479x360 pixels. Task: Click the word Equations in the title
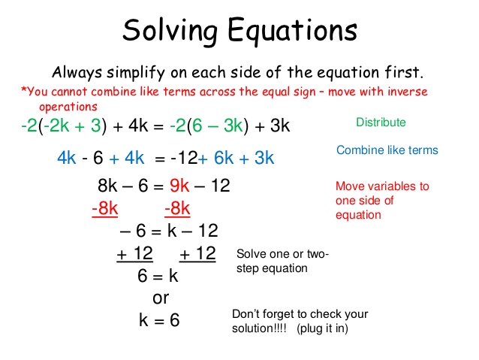coord(292,31)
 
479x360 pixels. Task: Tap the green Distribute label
coord(381,123)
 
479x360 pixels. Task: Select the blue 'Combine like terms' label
coord(387,150)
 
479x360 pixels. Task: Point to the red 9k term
coord(179,186)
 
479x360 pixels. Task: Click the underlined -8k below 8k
coord(105,209)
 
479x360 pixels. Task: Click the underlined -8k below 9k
coord(177,209)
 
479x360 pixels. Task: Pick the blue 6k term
coord(224,158)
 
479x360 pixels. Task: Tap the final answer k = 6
coord(159,320)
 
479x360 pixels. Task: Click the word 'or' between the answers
coord(161,298)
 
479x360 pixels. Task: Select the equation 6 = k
coord(158,276)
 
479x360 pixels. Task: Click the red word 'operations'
coord(68,107)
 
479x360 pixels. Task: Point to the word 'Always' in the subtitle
coord(77,73)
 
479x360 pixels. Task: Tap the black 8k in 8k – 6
coord(107,186)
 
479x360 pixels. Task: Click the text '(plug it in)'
coord(322,328)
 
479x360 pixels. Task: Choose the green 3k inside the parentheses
coord(233,126)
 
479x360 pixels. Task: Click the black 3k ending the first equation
coord(280,126)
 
